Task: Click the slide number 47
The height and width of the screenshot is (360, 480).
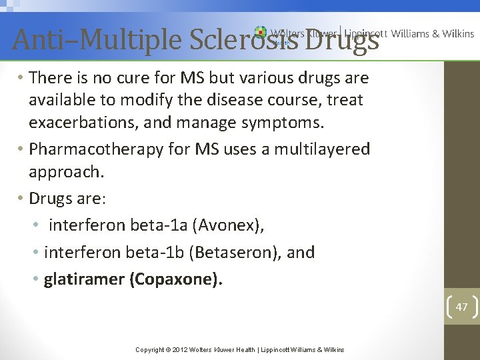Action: tap(461, 307)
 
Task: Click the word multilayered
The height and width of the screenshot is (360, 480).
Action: tap(319, 149)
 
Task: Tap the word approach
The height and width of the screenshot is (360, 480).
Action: tap(65, 171)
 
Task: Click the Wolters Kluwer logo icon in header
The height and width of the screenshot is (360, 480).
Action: tap(260, 33)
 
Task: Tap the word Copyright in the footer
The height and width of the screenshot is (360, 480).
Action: tap(151, 350)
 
